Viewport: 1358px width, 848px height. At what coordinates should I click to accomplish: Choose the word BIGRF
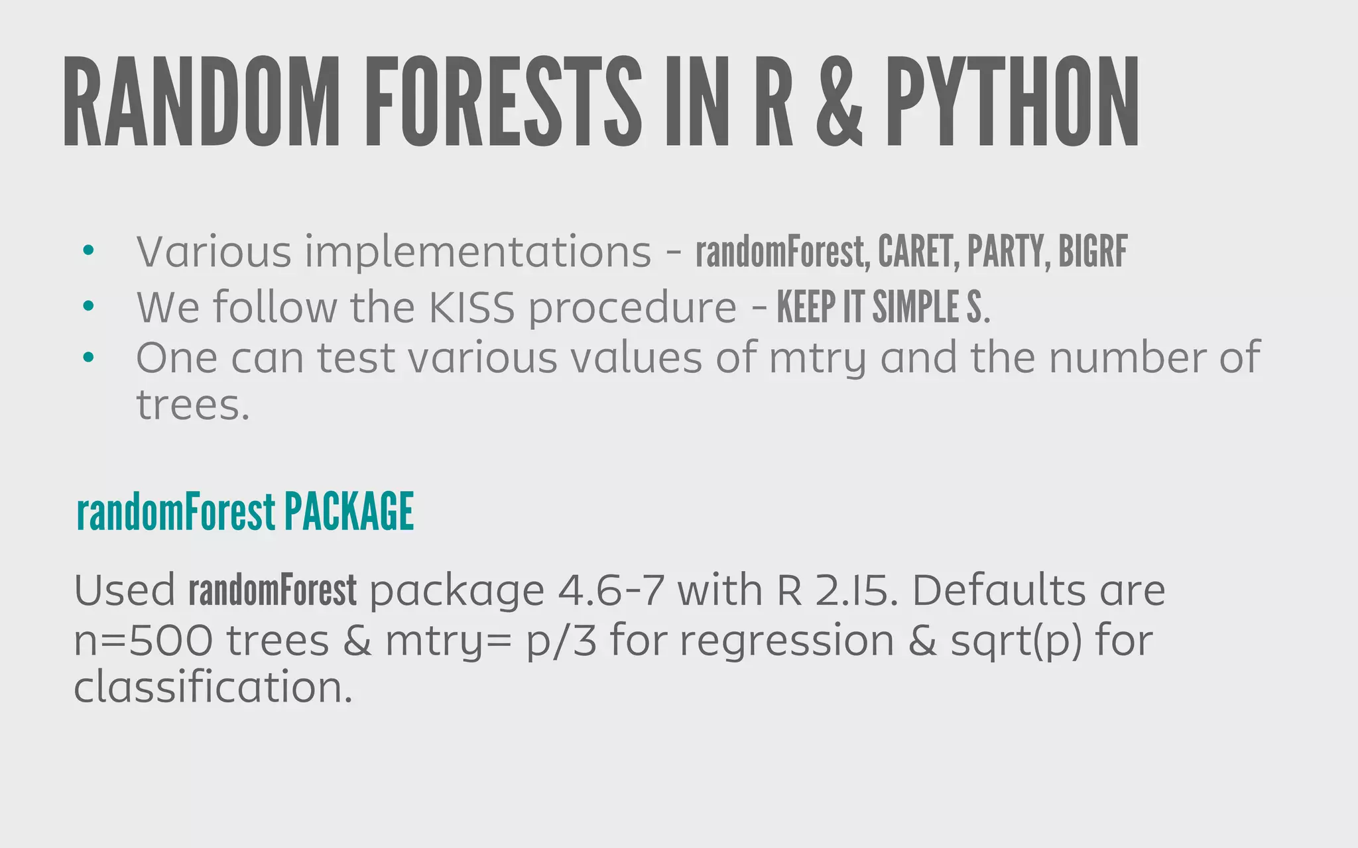(x=1093, y=252)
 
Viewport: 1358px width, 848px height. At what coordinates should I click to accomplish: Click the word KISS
(x=471, y=307)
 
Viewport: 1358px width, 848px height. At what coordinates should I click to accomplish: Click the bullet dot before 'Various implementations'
(x=89, y=252)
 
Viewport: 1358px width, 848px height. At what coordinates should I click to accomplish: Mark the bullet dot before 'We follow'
(x=89, y=307)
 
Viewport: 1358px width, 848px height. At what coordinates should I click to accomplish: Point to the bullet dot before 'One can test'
(x=89, y=358)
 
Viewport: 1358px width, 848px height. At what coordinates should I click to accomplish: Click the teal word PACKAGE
(x=349, y=511)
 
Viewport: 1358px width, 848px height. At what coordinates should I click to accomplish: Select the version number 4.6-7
(x=610, y=590)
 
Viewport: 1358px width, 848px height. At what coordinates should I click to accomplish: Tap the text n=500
(x=143, y=641)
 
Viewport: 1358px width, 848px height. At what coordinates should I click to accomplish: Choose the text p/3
(x=561, y=642)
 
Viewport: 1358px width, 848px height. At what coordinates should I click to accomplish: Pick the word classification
(x=212, y=687)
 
